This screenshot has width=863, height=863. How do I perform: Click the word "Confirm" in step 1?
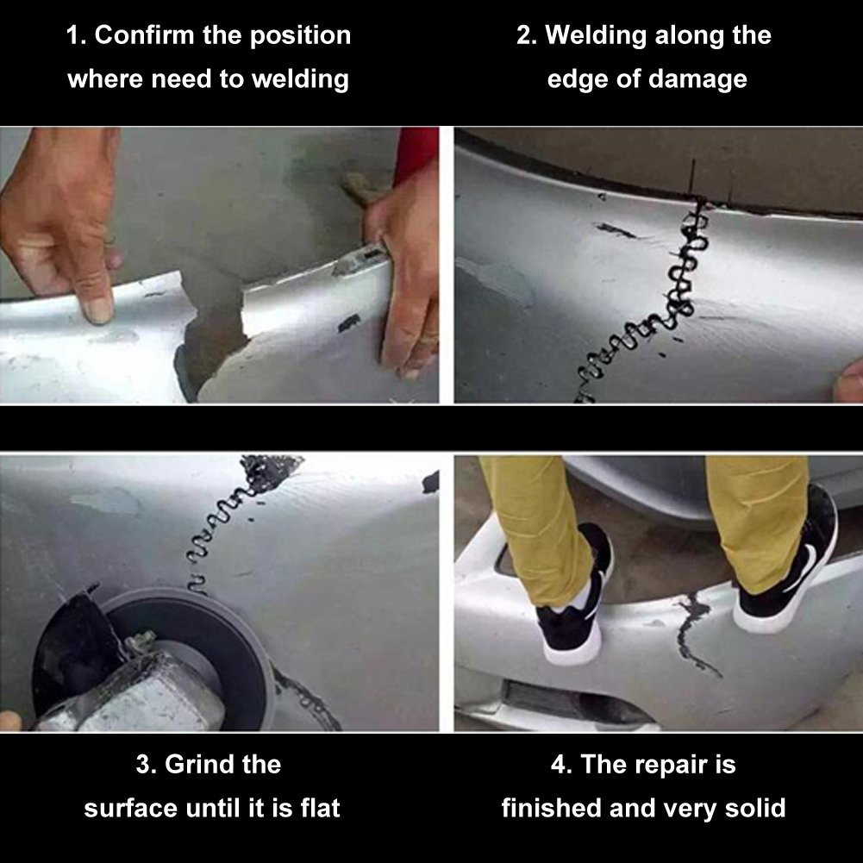point(145,35)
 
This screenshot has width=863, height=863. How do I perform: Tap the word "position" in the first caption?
point(300,36)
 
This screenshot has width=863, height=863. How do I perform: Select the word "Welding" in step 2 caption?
point(596,36)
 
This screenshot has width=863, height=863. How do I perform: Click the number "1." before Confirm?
point(76,35)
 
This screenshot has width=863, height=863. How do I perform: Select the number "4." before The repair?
point(562,765)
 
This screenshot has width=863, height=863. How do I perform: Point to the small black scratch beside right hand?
point(349,323)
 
